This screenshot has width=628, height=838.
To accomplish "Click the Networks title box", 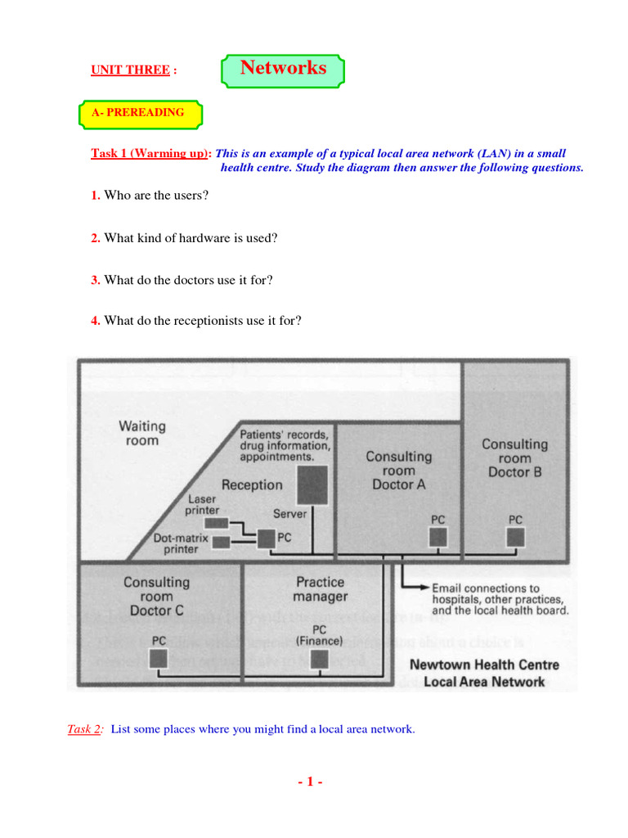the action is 283,70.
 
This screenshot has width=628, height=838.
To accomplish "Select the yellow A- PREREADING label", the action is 139,114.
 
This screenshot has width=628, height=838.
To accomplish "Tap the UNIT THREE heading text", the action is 130,70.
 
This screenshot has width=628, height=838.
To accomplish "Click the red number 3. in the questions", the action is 96,280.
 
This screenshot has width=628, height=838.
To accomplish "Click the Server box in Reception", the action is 312,484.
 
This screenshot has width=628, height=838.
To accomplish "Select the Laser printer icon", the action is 216,523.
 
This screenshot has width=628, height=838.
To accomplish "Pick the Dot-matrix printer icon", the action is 221,541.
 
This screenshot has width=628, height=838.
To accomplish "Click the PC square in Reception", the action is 265,538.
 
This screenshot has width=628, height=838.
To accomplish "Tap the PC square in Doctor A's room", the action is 439,537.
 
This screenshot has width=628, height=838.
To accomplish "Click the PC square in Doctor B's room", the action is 514,537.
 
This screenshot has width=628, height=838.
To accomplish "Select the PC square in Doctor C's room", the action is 157,658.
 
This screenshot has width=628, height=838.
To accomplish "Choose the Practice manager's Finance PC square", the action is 319,658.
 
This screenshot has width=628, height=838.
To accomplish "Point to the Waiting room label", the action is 142,433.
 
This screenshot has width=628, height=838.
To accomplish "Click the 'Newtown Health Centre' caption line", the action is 484,665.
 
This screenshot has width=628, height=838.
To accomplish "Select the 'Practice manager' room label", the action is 321,589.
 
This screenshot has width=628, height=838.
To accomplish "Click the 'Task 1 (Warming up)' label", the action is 151,154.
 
